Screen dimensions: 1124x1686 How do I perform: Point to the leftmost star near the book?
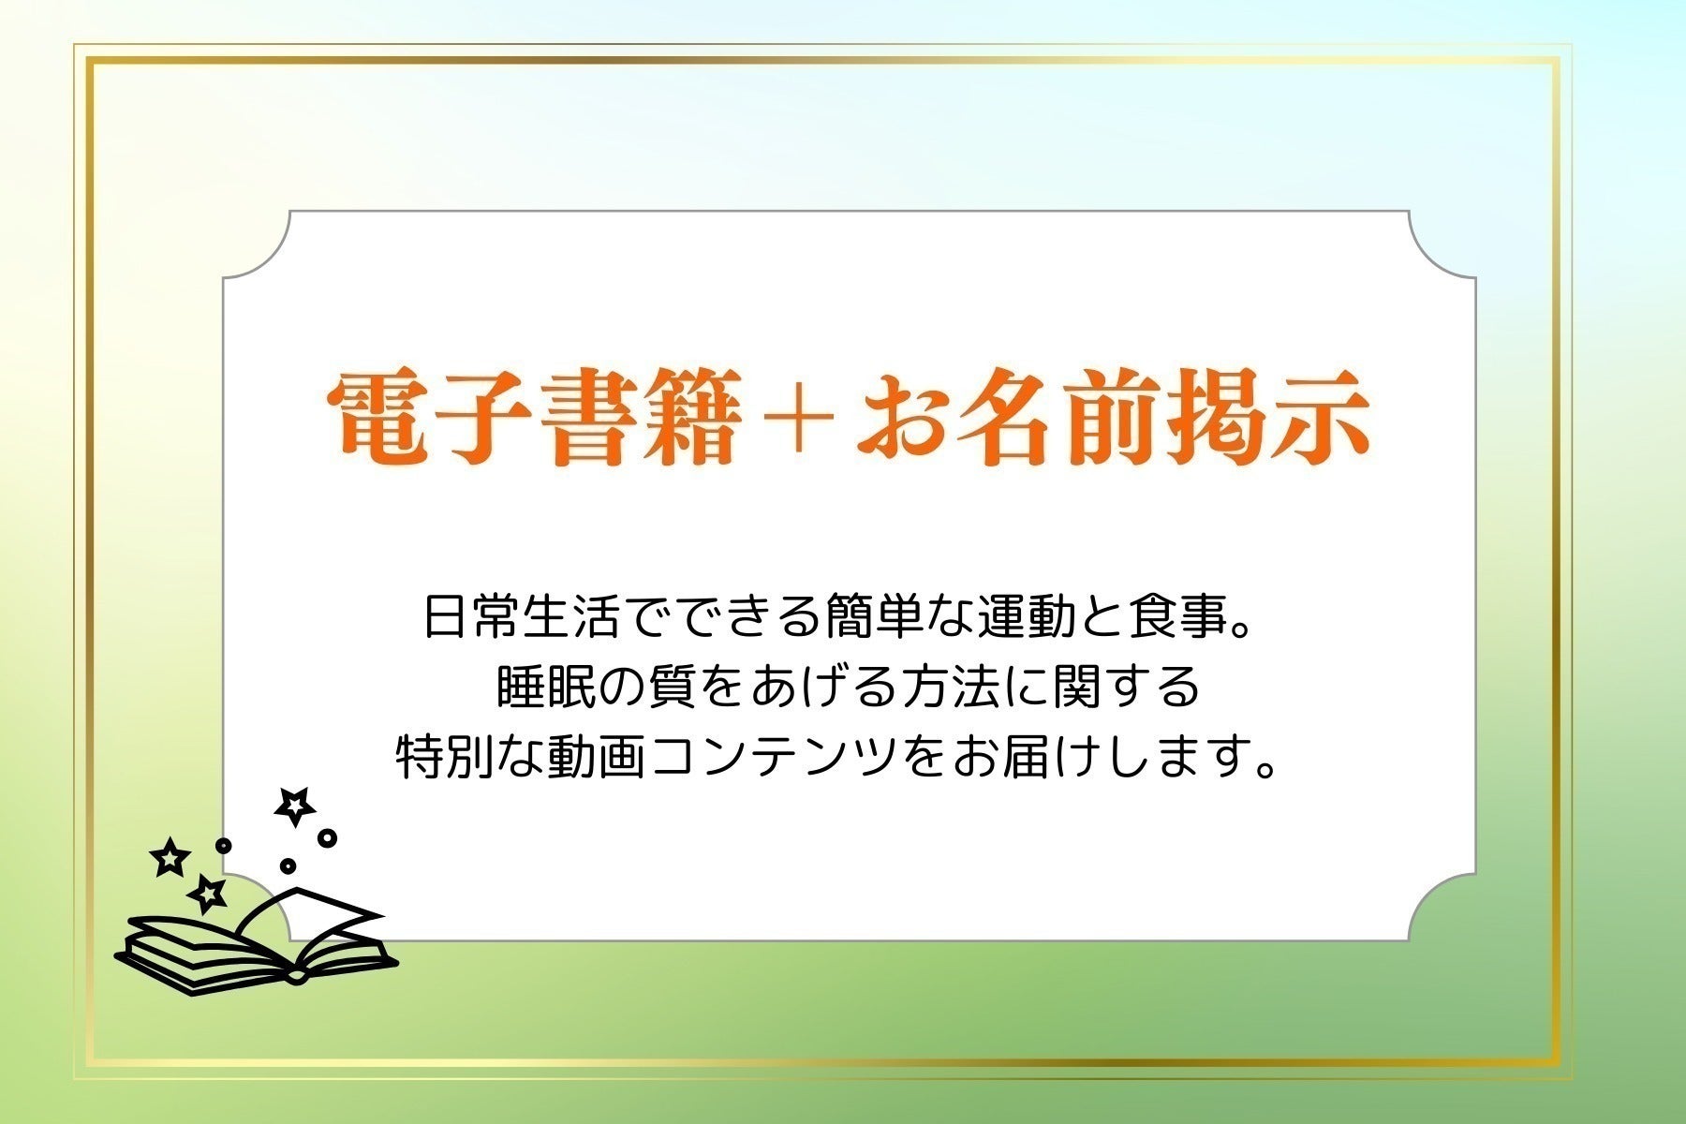pos(170,857)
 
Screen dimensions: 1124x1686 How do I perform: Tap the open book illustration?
pos(258,941)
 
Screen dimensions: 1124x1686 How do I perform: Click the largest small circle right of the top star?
pos(327,837)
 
